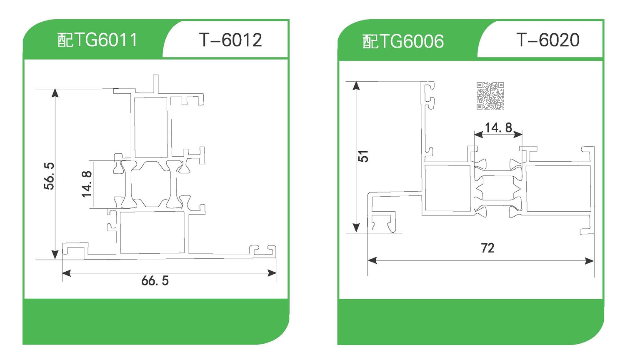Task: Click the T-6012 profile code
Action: coord(230,40)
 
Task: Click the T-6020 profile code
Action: coord(547,40)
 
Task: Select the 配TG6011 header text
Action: coord(97,40)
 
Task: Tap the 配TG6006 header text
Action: coord(403,41)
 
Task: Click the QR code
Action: coord(490,95)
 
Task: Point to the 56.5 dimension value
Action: coord(49,176)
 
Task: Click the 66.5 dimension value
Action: coord(155,280)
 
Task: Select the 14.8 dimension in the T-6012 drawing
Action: coord(86,184)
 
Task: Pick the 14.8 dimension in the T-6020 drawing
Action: coord(498,127)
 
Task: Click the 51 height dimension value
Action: coord(363,156)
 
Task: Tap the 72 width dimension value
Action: coord(487,248)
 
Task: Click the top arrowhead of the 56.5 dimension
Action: coord(55,92)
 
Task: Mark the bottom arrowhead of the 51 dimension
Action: coord(356,228)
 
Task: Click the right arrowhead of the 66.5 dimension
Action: coord(272,273)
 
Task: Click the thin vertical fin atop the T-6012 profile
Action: coord(156,83)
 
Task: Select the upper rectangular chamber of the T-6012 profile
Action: coord(150,127)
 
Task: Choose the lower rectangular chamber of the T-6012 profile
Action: coord(152,232)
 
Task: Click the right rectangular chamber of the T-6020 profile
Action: coord(558,188)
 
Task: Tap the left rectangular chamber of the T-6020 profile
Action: coord(447,188)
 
